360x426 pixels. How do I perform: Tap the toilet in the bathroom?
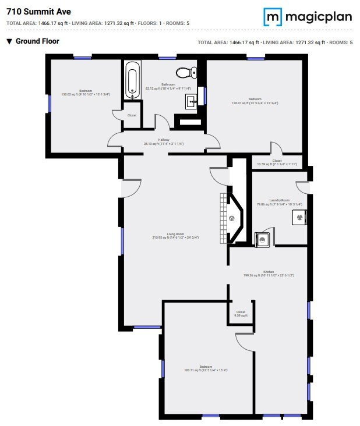point(185,72)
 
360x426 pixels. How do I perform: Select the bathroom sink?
point(191,101)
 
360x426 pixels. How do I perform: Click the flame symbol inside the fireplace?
point(231,219)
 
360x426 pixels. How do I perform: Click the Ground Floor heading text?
point(37,41)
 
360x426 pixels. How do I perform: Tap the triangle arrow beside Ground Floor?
point(9,41)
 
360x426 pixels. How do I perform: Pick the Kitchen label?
point(269,272)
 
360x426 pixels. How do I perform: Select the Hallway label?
point(164,140)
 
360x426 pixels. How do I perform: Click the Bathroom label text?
point(168,85)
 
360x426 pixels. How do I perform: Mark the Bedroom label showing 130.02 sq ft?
point(86,91)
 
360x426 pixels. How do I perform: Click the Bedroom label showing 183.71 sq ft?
point(205,367)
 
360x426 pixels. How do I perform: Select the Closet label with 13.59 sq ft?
point(277,161)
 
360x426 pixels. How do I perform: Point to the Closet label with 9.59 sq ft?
point(241,313)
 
